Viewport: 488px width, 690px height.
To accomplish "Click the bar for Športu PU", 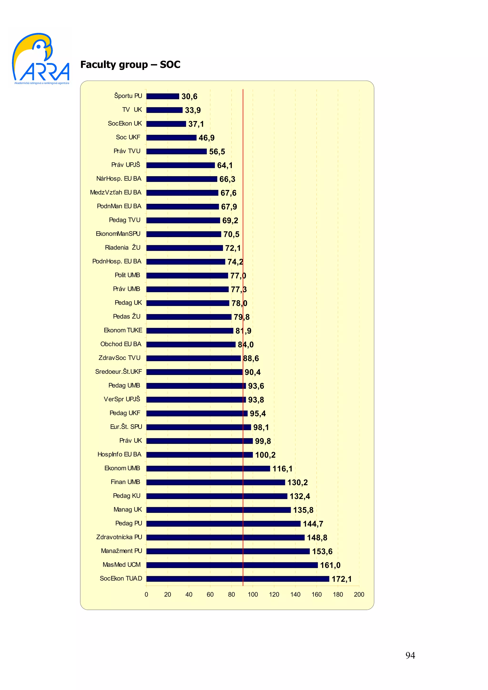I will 163,96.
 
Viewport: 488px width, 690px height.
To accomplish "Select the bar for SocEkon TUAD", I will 238,579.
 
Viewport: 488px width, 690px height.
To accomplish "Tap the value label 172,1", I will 341,579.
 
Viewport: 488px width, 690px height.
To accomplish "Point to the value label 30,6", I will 189,96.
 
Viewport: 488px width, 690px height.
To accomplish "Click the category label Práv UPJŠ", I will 126,165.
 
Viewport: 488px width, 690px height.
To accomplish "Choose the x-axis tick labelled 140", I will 295,595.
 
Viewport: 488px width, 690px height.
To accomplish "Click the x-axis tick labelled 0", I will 147,595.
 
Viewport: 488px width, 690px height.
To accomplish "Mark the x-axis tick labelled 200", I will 359,595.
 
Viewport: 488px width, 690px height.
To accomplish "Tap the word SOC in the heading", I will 170,65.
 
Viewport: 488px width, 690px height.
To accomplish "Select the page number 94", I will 410,655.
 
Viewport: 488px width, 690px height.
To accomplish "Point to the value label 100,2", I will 265,455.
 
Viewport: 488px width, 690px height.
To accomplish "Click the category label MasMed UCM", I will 122,565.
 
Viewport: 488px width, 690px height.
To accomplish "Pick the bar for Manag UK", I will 219,510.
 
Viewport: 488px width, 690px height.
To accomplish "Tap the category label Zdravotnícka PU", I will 119,537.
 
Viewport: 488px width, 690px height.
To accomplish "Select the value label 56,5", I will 217,152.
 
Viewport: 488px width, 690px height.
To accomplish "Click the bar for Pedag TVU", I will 183,220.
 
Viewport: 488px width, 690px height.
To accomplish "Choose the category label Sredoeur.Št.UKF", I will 118,372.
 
